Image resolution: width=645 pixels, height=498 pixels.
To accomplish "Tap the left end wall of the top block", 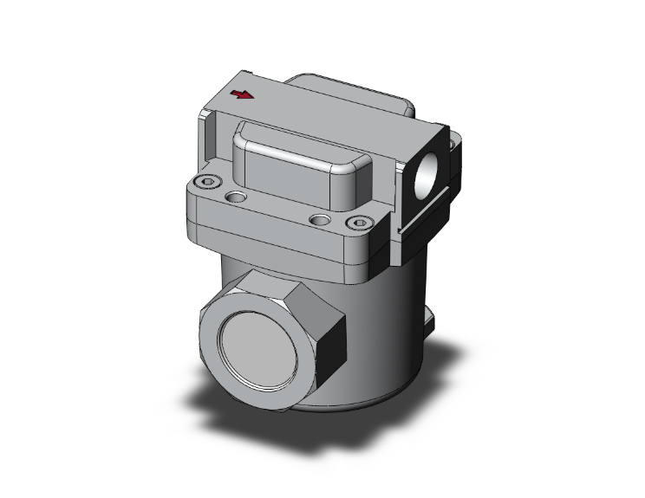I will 209,143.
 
